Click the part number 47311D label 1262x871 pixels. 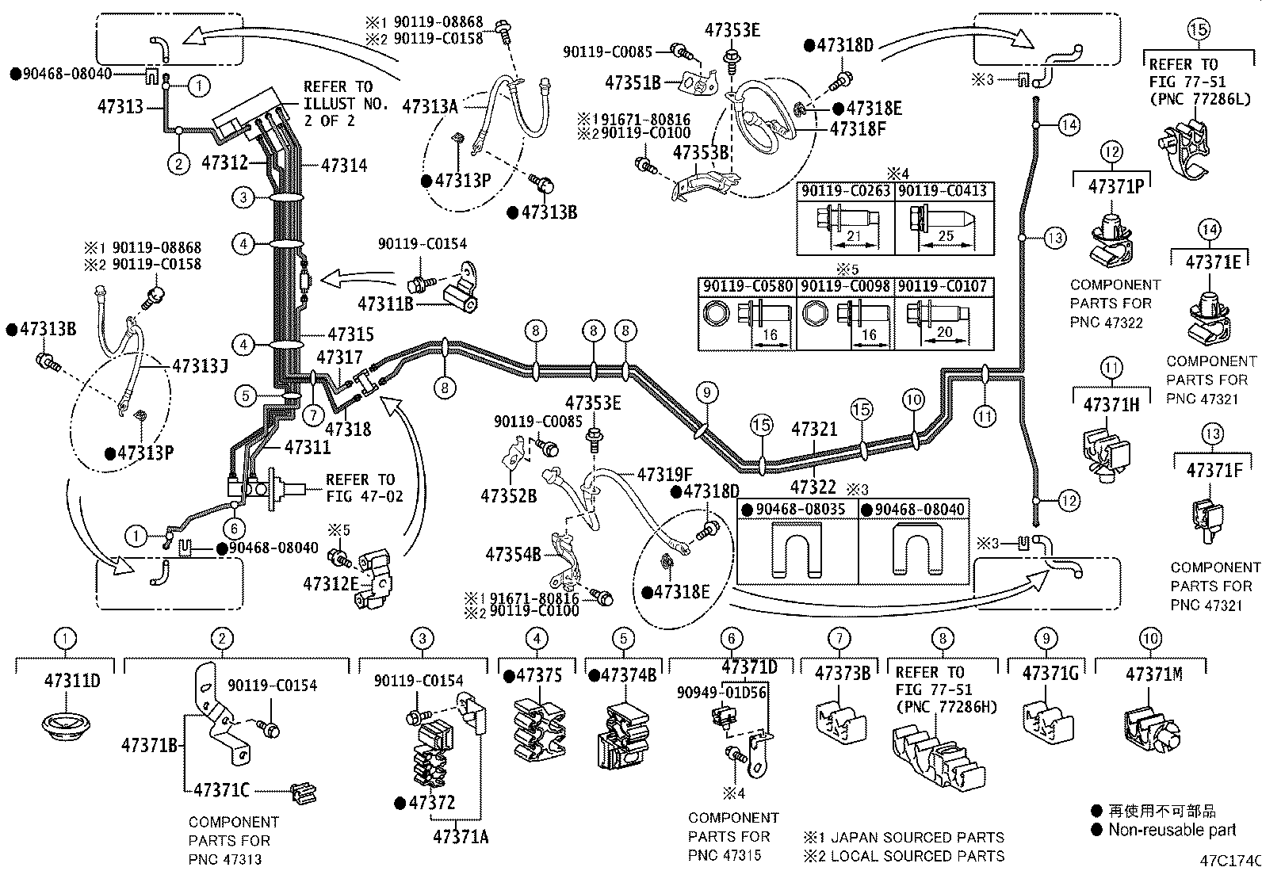[x=72, y=680]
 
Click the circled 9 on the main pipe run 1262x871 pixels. [x=707, y=392]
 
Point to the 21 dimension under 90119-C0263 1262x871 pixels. [x=853, y=235]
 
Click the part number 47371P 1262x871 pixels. [x=1116, y=186]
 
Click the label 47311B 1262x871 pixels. [x=386, y=303]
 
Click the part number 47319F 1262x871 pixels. [x=664, y=475]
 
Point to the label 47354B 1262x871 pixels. [x=513, y=553]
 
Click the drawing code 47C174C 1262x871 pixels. [x=1229, y=860]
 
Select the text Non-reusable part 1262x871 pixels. [x=1172, y=830]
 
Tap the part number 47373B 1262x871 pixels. [x=842, y=673]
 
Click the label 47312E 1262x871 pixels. [x=331, y=583]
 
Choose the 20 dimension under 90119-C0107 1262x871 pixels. [x=944, y=332]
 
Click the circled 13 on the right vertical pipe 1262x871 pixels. [x=1054, y=237]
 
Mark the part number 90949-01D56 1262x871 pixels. [x=721, y=692]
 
